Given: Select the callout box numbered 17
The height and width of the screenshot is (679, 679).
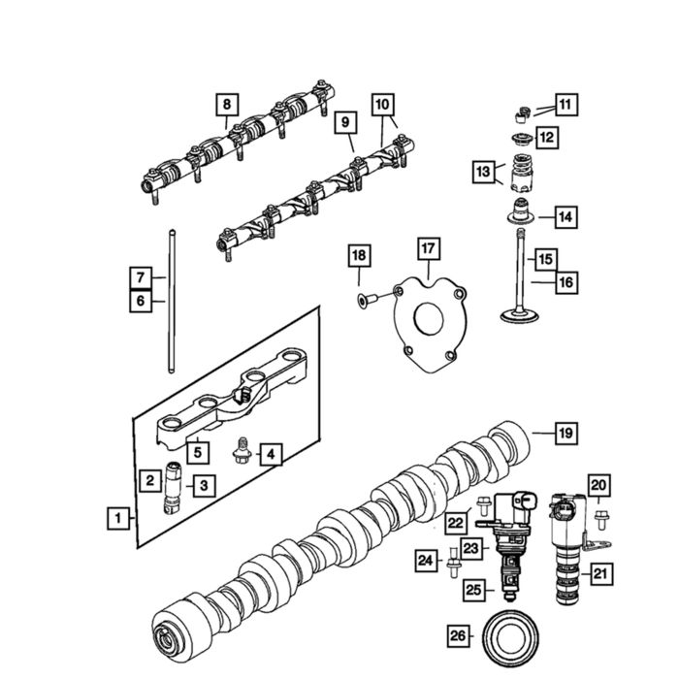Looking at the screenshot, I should pyautogui.click(x=428, y=249).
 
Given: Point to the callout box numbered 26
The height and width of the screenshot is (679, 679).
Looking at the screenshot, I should pyautogui.click(x=458, y=635).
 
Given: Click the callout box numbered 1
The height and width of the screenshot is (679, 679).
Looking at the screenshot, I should pyautogui.click(x=116, y=518).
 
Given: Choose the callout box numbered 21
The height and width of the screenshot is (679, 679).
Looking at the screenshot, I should pyautogui.click(x=601, y=574).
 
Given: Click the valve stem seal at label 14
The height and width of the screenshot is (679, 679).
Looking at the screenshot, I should pyautogui.click(x=521, y=215).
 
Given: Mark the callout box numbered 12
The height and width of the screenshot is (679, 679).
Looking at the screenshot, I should pyautogui.click(x=547, y=137).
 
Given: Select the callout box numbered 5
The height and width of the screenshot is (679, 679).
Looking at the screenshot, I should pyautogui.click(x=197, y=451).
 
